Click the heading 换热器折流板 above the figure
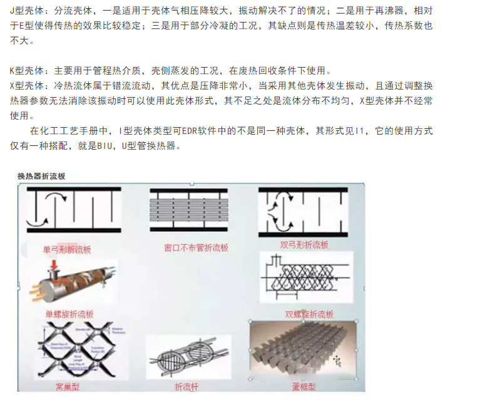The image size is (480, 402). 41,177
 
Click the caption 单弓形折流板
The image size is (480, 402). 67,250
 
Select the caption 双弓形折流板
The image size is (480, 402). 305,245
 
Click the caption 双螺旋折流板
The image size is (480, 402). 309,314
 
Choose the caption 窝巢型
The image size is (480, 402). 67,387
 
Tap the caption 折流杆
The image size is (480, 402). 187,388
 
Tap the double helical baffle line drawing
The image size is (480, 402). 305,279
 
